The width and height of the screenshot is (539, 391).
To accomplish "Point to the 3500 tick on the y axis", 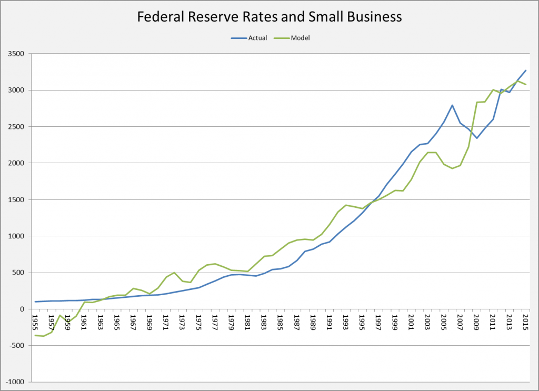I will coord(18,54).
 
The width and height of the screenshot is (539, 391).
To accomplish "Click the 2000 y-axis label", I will coord(18,163).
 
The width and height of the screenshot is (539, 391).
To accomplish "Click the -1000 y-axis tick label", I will coord(17,382).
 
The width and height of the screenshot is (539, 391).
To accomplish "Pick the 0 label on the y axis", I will coord(24,309).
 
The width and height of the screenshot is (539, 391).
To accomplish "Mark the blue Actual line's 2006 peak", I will coord(452,105).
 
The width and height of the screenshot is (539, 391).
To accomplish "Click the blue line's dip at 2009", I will coord(476,138).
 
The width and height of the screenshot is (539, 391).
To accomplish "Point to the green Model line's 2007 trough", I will coord(452,168).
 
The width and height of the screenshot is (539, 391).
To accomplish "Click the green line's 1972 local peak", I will coord(174,273).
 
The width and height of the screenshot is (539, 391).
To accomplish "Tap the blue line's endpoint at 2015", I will coord(525,71).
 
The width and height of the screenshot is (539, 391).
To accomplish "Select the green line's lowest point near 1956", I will coord(44,336).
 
